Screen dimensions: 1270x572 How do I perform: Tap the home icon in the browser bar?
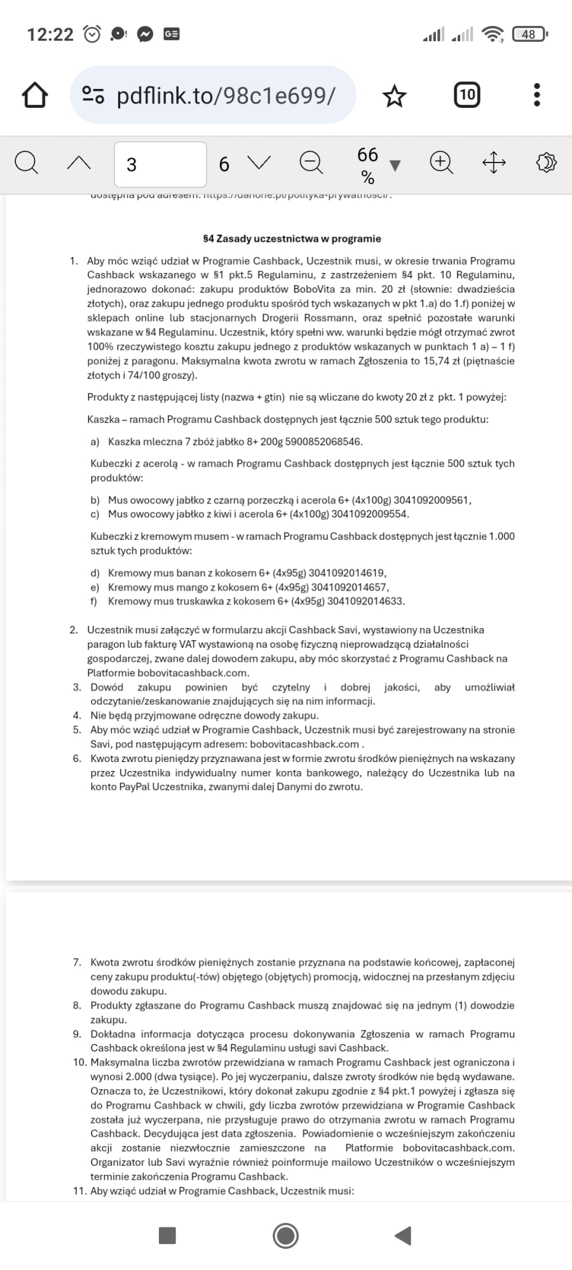click(x=35, y=95)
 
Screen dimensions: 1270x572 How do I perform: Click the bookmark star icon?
click(x=394, y=96)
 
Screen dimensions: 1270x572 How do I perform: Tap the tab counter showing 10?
click(x=467, y=95)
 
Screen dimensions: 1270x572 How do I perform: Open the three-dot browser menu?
click(x=537, y=95)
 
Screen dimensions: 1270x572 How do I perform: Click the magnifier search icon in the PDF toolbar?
click(x=26, y=163)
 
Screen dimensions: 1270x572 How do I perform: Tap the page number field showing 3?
click(x=160, y=164)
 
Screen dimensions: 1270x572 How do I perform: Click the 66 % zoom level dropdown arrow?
click(x=395, y=166)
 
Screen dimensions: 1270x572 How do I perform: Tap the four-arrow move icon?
click(x=494, y=163)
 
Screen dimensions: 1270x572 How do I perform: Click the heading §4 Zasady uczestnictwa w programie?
click(x=292, y=239)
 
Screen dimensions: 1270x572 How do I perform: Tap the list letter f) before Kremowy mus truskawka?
click(x=95, y=601)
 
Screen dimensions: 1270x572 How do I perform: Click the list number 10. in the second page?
click(x=79, y=1062)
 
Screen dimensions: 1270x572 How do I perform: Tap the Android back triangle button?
click(x=403, y=1236)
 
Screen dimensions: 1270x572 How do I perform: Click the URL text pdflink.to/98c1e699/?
click(x=226, y=95)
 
